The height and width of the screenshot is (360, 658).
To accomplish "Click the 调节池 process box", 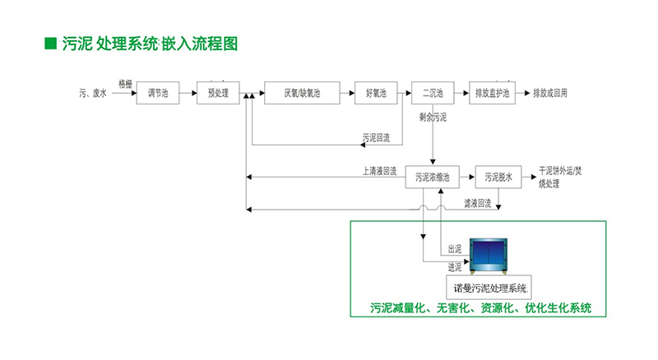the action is (158, 93).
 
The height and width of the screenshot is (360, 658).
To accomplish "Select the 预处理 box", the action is (218, 93).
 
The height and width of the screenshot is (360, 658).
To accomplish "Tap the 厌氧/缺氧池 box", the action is (302, 93).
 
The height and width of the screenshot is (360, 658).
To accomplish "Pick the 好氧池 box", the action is (376, 93).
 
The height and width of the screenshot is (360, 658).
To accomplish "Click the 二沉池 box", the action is (433, 93).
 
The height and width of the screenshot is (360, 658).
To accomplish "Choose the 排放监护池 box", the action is (492, 93).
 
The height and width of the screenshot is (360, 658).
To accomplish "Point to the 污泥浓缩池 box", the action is (433, 177).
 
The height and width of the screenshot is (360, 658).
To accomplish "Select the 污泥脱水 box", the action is (498, 177).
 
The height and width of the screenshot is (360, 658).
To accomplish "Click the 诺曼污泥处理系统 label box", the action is (489, 288).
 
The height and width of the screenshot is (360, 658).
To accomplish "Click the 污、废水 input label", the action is (93, 93).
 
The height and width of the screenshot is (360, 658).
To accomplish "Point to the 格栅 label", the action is (125, 84).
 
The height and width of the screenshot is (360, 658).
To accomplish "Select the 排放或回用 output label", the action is (550, 93).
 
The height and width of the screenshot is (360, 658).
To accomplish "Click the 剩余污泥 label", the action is (433, 118).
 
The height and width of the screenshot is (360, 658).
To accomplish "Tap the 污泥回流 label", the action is (376, 137).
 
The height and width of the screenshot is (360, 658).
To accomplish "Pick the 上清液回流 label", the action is (379, 171).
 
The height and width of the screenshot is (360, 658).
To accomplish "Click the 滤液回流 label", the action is (478, 204).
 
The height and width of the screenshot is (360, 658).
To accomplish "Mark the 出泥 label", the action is (455, 249).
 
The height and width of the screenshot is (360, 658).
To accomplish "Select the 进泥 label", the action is (455, 267).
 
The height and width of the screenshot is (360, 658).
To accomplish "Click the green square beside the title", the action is (51, 44).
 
